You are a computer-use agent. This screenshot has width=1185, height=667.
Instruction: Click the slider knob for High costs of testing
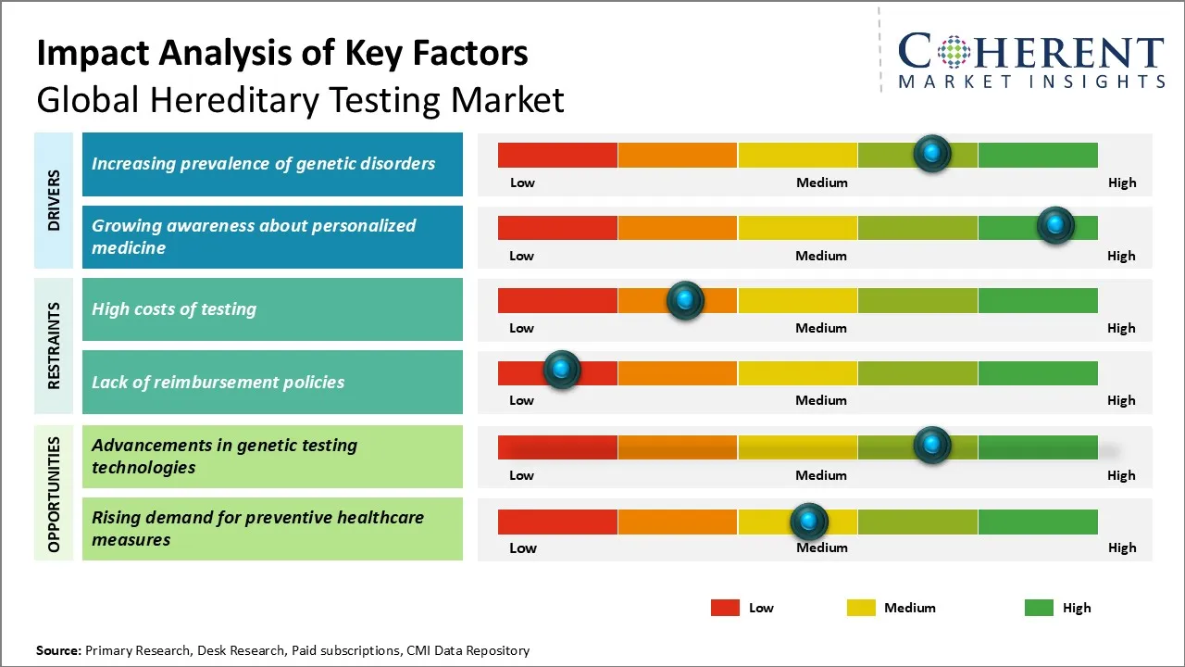pyautogui.click(x=685, y=300)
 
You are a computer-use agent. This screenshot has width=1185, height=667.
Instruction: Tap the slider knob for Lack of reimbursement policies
pyautogui.click(x=561, y=370)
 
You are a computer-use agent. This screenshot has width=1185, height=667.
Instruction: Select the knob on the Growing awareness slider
pyautogui.click(x=1054, y=225)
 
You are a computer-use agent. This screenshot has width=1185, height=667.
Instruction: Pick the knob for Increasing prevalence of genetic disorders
pyautogui.click(x=932, y=153)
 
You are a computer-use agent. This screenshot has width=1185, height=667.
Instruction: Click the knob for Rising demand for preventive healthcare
pyautogui.click(x=809, y=522)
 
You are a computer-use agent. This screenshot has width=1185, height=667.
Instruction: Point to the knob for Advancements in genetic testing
pyautogui.click(x=932, y=445)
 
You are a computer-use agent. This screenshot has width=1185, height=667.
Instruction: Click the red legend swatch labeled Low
pyautogui.click(x=725, y=608)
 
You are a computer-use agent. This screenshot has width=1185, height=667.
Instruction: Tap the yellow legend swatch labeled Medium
pyautogui.click(x=861, y=608)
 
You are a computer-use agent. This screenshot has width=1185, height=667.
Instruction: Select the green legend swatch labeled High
pyautogui.click(x=1039, y=608)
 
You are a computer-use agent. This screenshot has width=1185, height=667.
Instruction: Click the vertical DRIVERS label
pyautogui.click(x=54, y=200)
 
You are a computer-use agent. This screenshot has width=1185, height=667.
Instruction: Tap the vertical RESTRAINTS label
pyautogui.click(x=54, y=346)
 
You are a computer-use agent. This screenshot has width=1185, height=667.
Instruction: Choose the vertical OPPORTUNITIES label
pyautogui.click(x=54, y=494)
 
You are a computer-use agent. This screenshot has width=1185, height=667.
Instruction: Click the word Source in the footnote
pyautogui.click(x=58, y=650)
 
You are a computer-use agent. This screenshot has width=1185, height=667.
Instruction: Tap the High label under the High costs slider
pyautogui.click(x=1121, y=328)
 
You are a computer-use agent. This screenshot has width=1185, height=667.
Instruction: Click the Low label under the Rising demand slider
pyautogui.click(x=522, y=547)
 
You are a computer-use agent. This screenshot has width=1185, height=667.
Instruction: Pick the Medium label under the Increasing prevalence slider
pyautogui.click(x=821, y=182)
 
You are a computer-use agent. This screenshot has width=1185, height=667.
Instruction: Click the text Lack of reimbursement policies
pyautogui.click(x=218, y=382)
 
